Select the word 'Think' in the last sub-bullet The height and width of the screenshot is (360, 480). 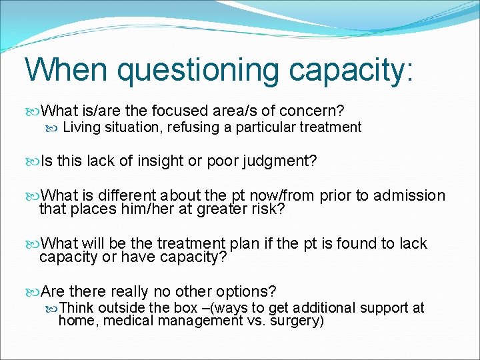[77, 308]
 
